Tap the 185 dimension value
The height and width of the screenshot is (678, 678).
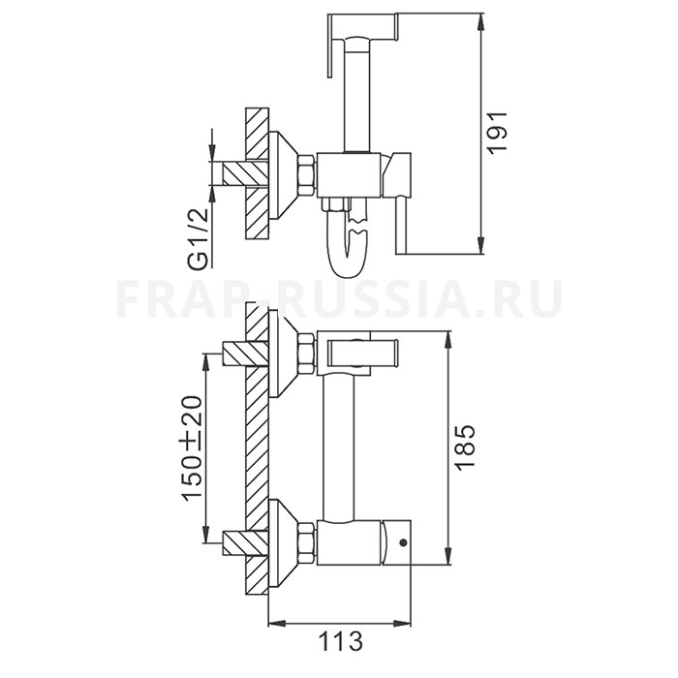point(465,447)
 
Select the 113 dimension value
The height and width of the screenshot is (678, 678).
point(340,641)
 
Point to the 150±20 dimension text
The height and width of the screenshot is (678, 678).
point(192,447)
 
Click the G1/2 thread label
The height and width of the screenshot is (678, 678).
point(200,238)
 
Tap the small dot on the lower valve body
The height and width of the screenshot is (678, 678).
point(404,541)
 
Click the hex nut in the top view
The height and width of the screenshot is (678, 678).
point(306,173)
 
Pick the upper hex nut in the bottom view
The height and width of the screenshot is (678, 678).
point(306,354)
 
